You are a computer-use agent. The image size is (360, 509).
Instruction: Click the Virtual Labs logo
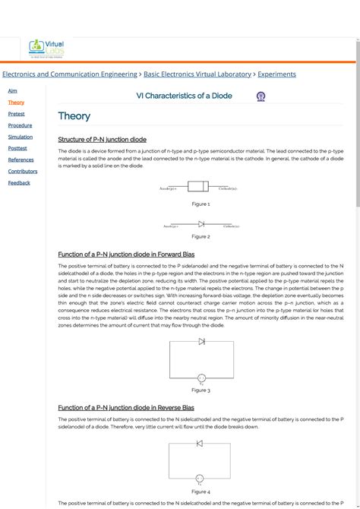coord(47,49)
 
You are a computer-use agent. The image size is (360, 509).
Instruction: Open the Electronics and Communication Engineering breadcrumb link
coord(69,74)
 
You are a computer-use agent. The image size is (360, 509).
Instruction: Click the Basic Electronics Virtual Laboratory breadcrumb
coord(197,74)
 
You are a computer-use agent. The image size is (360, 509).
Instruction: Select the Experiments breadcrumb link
coord(276,74)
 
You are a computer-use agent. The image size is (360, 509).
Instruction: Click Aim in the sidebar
coord(12,90)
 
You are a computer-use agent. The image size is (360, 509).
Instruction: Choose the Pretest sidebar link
coord(16,114)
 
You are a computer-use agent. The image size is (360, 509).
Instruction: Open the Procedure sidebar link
coord(20,125)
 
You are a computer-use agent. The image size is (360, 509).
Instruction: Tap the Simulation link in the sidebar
coord(21,137)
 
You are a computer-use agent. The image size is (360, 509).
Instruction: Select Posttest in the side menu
coord(17,148)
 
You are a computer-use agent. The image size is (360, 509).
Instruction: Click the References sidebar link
coord(21,160)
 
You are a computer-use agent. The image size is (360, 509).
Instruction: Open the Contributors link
coord(23,171)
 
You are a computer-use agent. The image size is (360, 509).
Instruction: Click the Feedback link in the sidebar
coord(19,182)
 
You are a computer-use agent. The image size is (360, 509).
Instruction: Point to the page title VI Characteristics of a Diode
coord(184,96)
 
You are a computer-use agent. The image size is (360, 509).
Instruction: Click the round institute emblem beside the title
coord(261,96)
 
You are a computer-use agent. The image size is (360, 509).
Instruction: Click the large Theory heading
coord(74,116)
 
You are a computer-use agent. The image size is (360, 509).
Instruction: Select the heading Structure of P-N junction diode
coord(102,140)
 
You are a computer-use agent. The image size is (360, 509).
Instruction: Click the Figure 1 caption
coord(201,204)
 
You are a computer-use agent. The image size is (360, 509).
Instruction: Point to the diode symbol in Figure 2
coord(201,224)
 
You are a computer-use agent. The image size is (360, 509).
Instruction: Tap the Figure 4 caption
coord(201,492)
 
